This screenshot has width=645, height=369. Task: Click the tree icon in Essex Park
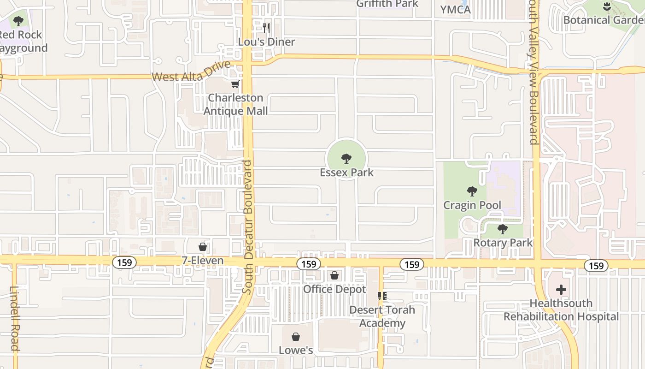pos(346,159)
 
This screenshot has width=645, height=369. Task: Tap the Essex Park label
pos(346,173)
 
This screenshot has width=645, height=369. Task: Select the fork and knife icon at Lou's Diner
pos(266,28)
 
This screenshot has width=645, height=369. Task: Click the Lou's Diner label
pos(266,42)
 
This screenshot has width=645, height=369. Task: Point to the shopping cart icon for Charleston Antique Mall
pos(235,84)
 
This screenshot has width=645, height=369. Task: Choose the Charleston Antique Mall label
pos(235,104)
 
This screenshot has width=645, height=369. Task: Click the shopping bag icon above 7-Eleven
pos(202,247)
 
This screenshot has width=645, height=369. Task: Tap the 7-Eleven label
pos(202,261)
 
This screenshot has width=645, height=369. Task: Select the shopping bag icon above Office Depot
pos(334,275)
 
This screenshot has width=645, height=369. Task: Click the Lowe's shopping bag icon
pos(296,337)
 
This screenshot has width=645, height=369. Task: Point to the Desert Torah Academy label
pos(381,316)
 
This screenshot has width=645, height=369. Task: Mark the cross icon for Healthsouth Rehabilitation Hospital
pos(561,290)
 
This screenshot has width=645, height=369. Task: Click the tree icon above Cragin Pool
pos(472,191)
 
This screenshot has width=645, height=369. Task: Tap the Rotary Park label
pos(503,243)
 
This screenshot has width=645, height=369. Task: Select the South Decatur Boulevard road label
pos(248,227)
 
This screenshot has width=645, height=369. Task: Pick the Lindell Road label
pos(14,318)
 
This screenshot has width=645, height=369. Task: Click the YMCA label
pos(455,10)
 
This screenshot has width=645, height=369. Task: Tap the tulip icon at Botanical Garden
pos(606,6)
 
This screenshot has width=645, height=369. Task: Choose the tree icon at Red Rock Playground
pos(18,21)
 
